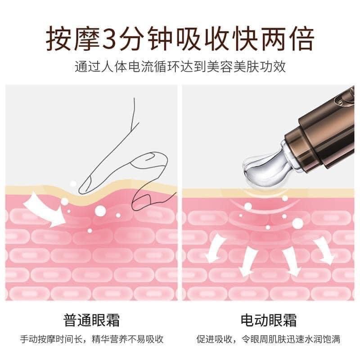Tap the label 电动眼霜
269,320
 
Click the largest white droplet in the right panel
297,223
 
